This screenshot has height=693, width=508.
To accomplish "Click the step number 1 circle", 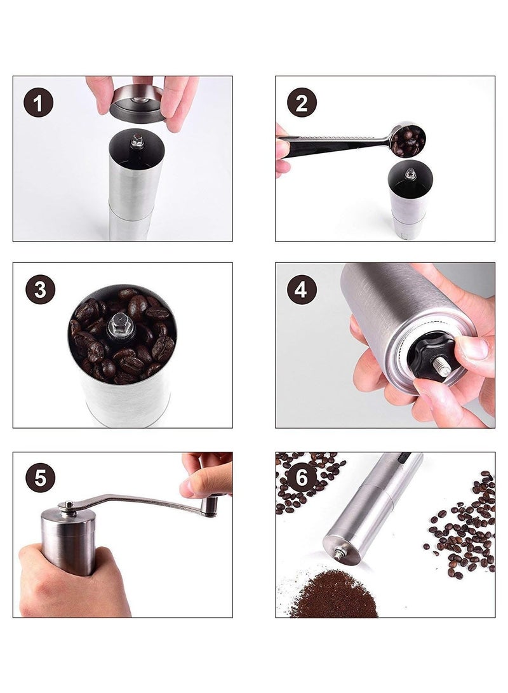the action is [39, 102].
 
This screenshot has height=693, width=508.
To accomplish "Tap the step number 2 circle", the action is [302, 102].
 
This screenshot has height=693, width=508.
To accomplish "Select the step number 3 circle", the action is [40, 290].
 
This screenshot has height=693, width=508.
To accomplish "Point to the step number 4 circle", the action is [302, 290].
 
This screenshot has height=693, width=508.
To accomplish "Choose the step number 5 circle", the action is [40, 477].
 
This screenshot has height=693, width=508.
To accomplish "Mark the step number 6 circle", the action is [302, 477].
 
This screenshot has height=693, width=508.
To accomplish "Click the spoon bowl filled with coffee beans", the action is [408, 140].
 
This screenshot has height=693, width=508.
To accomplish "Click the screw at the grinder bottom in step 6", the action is [340, 552].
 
